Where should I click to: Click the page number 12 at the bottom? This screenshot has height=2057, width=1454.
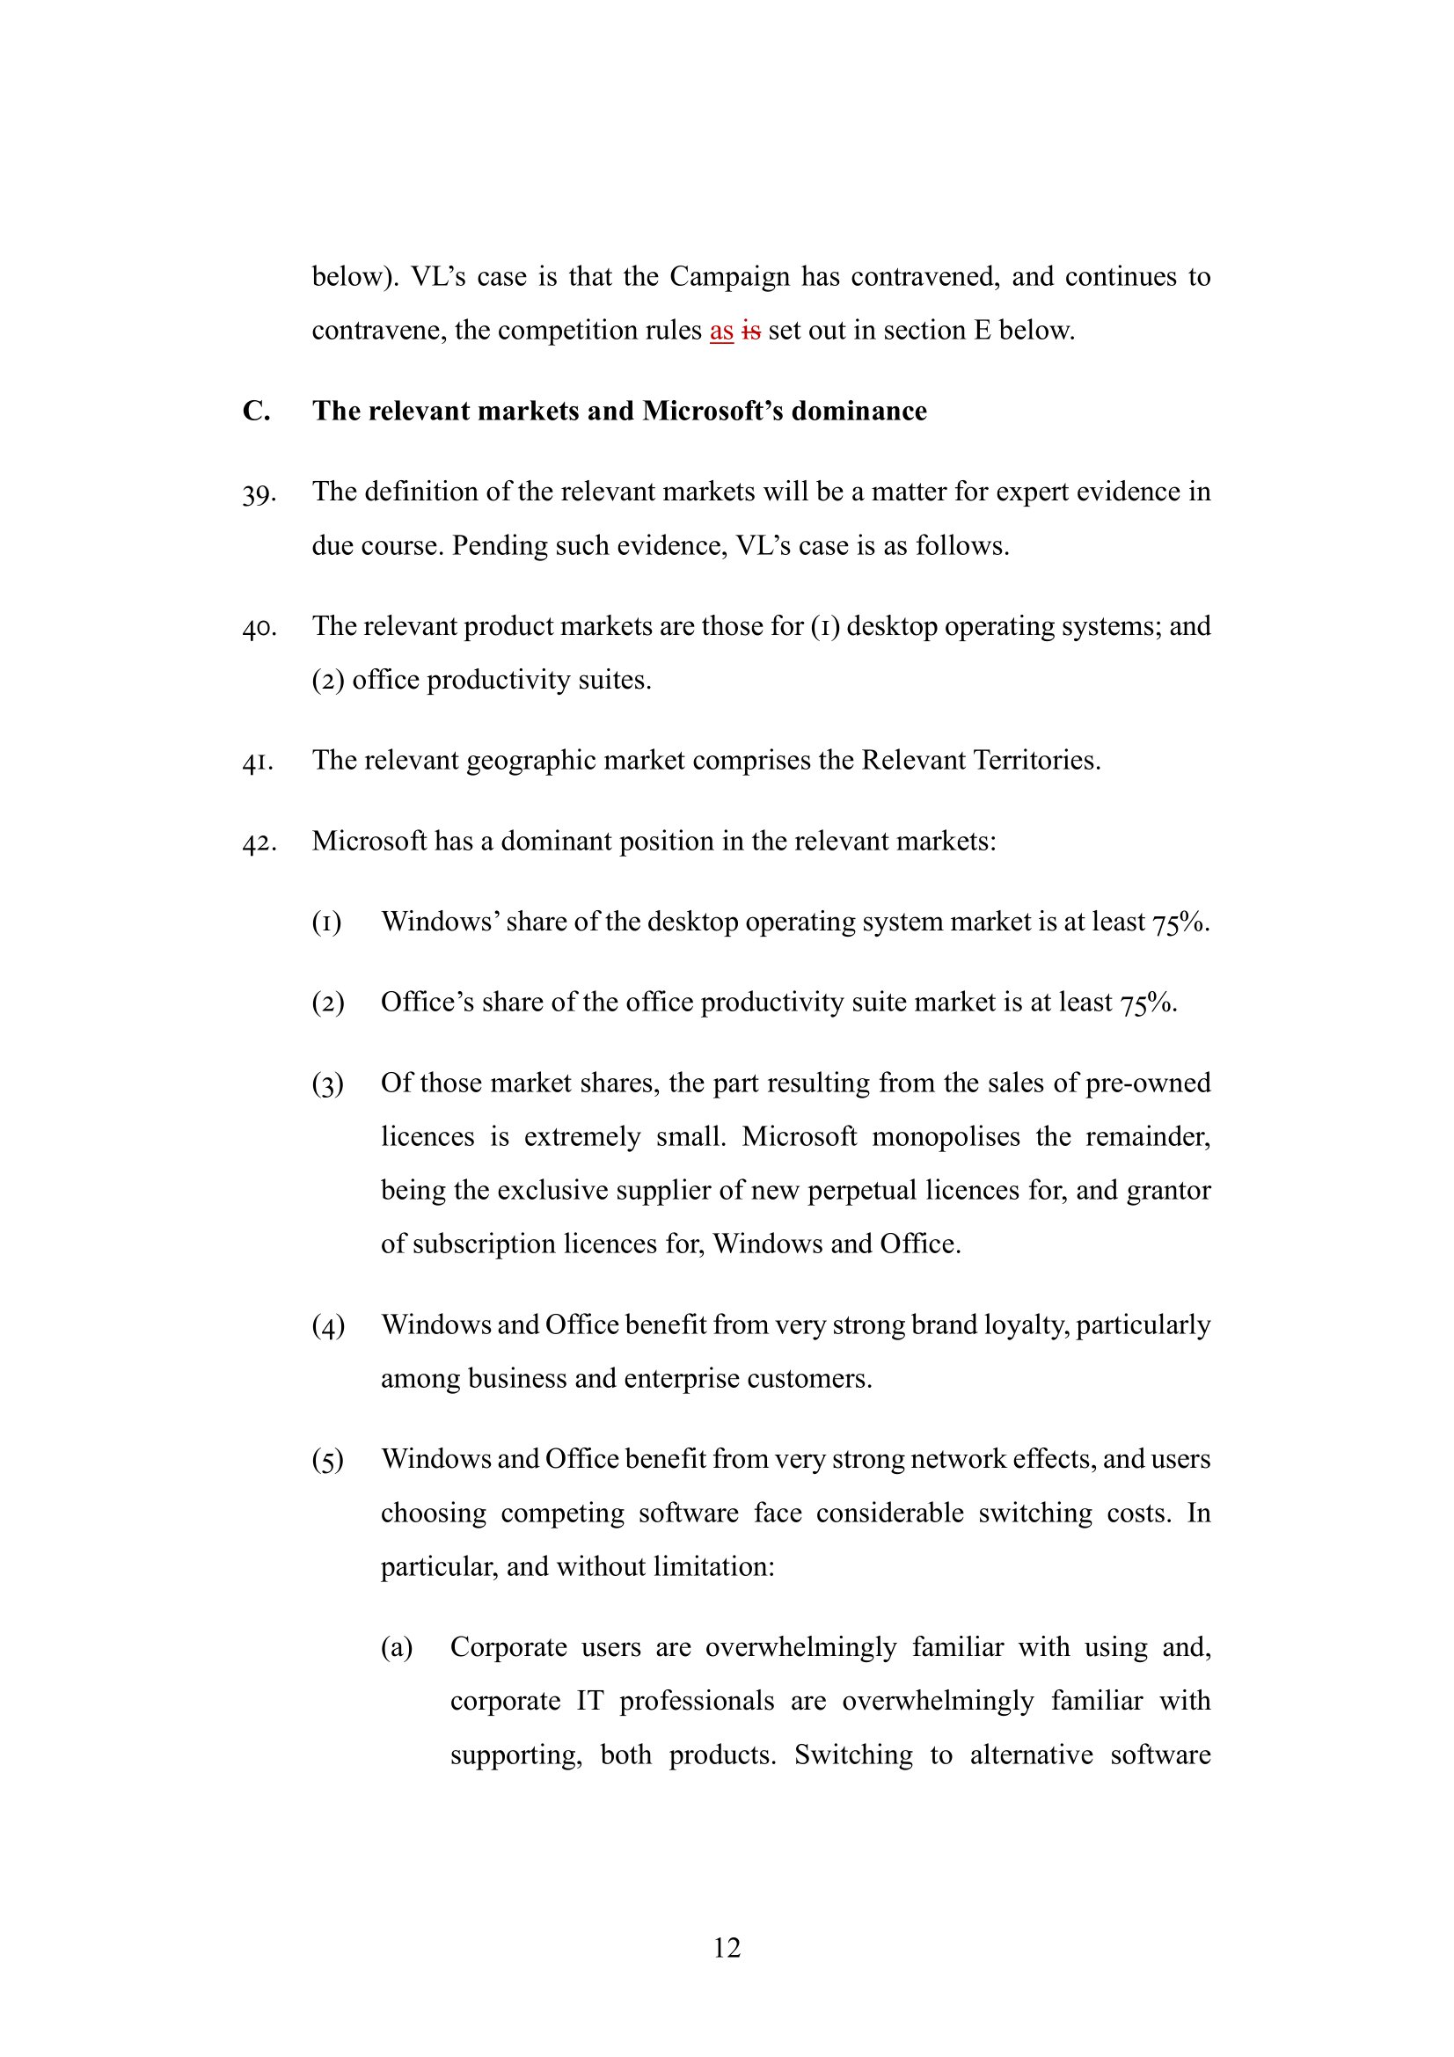(x=727, y=1947)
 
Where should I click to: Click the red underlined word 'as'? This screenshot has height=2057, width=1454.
(x=721, y=332)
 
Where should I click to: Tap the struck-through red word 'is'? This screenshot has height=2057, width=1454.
(x=750, y=332)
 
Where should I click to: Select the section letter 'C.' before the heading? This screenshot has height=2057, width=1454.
(x=256, y=412)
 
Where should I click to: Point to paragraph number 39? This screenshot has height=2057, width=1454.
(x=258, y=493)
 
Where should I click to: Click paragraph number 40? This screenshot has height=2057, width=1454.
(x=258, y=628)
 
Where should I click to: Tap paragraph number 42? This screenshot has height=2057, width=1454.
(x=258, y=843)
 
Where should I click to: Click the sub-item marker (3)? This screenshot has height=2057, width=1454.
(x=328, y=1085)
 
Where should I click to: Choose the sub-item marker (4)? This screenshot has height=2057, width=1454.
(x=328, y=1326)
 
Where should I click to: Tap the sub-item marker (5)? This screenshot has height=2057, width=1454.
(x=328, y=1461)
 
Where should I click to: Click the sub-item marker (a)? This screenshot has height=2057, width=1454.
(x=397, y=1647)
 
